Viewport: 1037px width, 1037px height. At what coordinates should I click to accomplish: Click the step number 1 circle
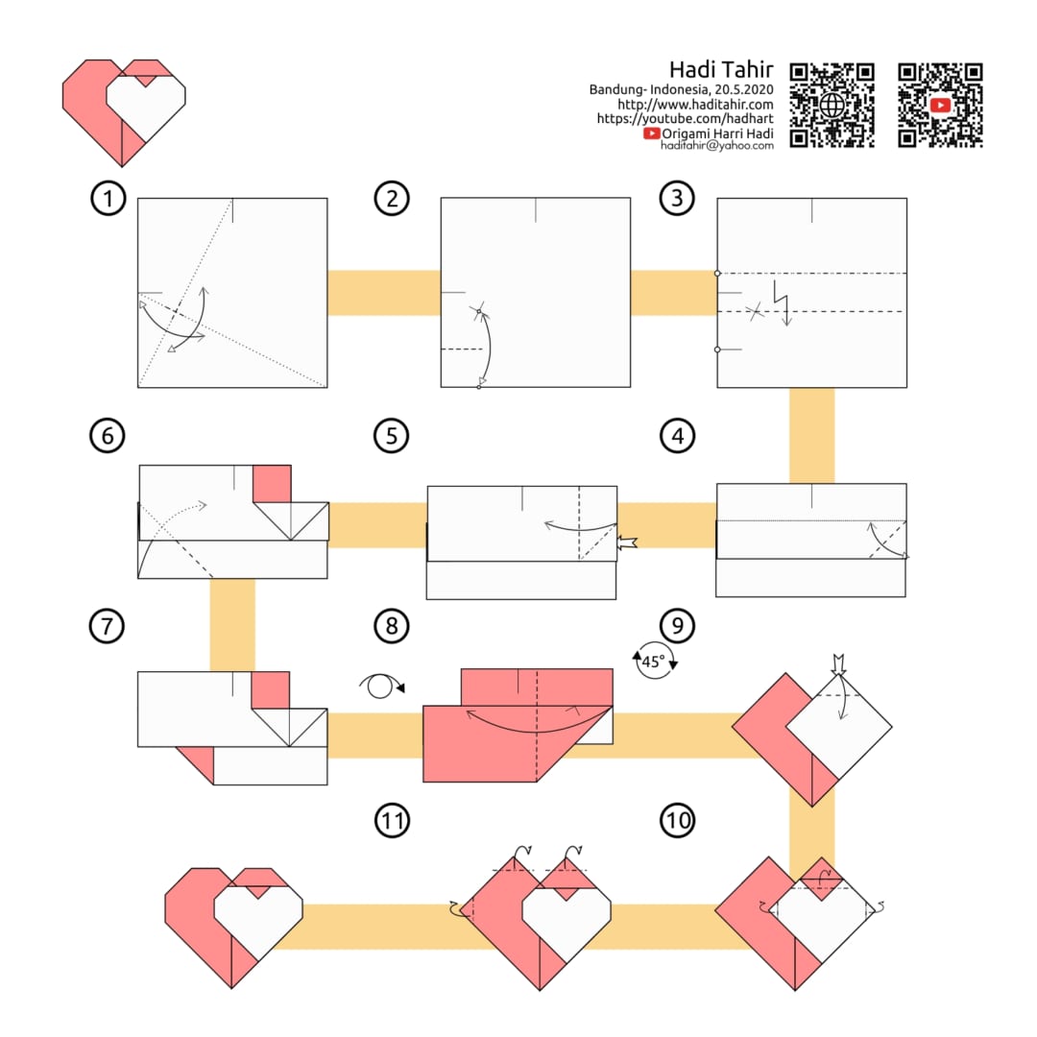108,198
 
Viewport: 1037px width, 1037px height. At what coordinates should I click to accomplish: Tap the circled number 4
677,436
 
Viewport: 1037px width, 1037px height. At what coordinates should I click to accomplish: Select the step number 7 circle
107,626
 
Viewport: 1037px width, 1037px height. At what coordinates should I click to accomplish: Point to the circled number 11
392,821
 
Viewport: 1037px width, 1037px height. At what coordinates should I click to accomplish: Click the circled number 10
677,821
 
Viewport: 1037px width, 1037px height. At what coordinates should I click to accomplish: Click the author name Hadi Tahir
721,69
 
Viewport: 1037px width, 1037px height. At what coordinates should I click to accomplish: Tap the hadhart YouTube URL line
685,119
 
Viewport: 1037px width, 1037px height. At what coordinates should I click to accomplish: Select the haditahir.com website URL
695,105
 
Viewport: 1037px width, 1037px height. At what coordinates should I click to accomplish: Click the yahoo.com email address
717,146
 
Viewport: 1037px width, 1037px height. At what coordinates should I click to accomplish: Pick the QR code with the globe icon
832,106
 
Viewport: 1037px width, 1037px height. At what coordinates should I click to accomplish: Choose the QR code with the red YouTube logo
940,106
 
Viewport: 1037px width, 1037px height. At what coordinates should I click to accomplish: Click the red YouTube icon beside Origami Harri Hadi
651,133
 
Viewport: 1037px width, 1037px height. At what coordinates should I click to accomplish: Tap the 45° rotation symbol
655,660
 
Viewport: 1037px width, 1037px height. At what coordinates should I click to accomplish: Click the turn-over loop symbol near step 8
381,686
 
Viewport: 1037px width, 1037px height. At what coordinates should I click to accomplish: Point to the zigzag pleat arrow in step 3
782,303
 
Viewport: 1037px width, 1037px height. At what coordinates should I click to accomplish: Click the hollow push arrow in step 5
627,543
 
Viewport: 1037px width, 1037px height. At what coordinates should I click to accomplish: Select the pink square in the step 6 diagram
272,484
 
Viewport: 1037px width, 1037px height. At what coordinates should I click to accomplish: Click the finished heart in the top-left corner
124,111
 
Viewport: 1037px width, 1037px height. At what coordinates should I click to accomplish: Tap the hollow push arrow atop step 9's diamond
838,664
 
